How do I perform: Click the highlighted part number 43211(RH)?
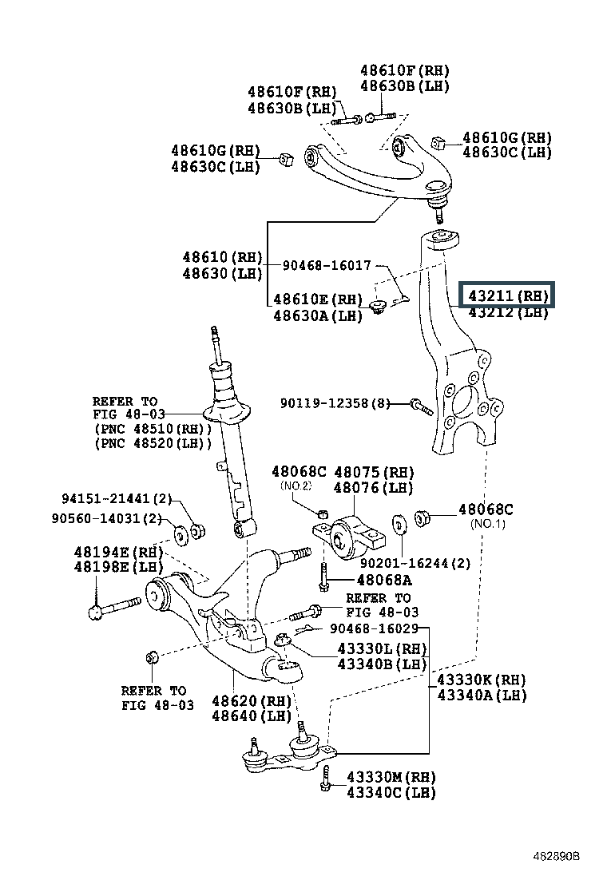(x=508, y=295)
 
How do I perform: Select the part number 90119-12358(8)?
(x=335, y=403)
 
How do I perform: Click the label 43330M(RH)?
(x=391, y=777)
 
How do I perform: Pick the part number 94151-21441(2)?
(x=117, y=498)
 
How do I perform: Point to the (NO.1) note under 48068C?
(x=488, y=524)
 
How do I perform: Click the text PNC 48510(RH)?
(x=153, y=429)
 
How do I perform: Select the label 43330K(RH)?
(x=481, y=680)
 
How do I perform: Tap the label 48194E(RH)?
(x=118, y=552)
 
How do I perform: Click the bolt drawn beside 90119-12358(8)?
(x=420, y=406)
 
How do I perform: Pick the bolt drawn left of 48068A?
(x=323, y=578)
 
